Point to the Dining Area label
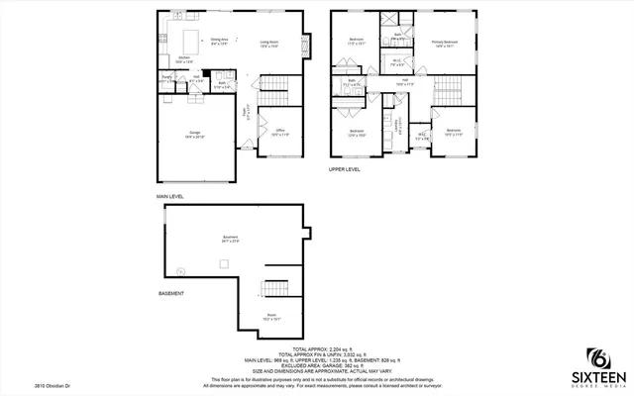coord(219,42)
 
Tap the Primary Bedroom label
coord(444,43)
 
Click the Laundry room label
coord(399,125)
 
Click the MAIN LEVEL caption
coord(169,196)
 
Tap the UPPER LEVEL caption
coord(346,169)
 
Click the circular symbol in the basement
coord(180,270)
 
